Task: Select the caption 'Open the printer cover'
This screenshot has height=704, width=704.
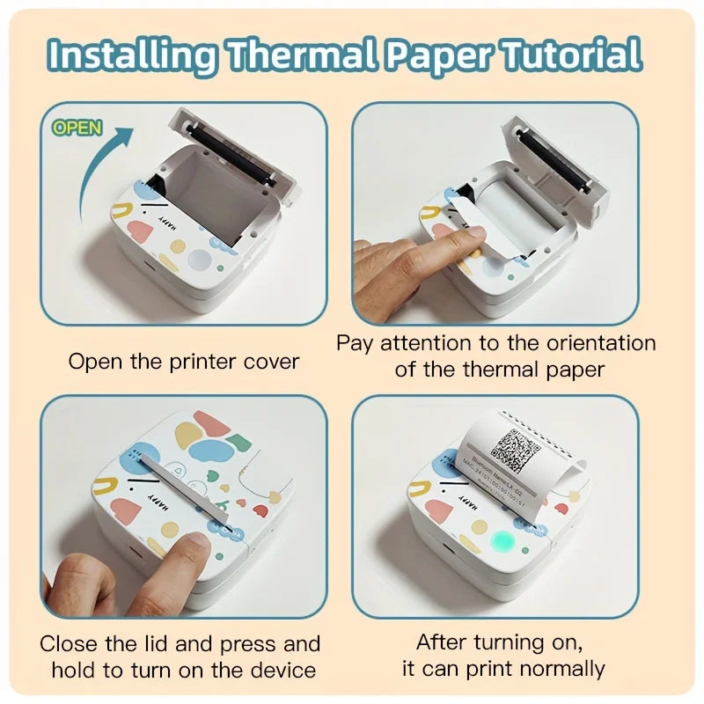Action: [x=184, y=361]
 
